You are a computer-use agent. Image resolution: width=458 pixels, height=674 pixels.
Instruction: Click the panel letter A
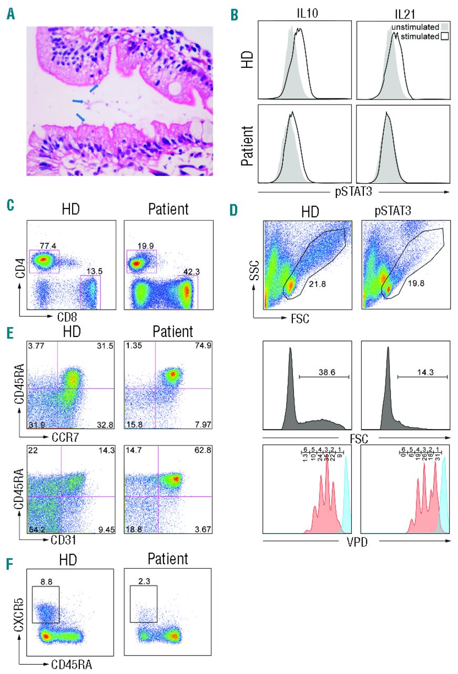[x=9, y=16]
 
